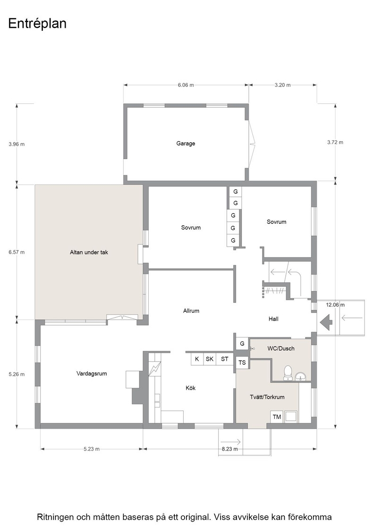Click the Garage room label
186,144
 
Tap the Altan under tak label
89,252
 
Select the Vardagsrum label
92,374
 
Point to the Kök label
190,388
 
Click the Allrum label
191,311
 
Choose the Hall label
273,319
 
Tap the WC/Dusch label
281,349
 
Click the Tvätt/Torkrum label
267,397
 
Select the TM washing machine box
277,417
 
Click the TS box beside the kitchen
242,363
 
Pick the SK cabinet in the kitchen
209,359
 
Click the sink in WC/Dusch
300,376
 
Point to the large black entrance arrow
326,322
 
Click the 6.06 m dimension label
186,85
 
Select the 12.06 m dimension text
335,305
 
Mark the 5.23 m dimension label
92,449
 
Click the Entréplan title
37,24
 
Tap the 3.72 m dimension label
335,142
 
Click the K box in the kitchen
197,359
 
